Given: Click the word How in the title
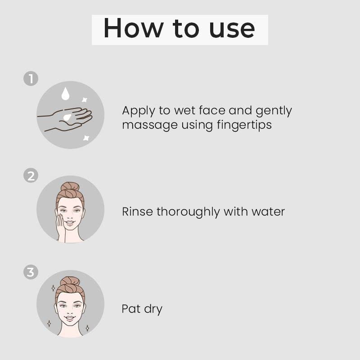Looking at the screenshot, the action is tap(133, 28).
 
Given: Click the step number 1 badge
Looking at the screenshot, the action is tap(31, 78).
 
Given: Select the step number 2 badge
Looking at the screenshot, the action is tap(31, 175).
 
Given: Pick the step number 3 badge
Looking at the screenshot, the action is tap(31, 272).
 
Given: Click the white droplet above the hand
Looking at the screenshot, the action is tap(65, 94).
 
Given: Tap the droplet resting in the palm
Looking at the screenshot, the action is tap(67, 117).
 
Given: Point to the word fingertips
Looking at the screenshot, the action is tap(244, 126).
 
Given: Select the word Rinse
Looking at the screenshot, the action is tap(137, 211).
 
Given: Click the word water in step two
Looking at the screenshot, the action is tap(268, 212).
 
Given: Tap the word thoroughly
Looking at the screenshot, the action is tap(188, 212).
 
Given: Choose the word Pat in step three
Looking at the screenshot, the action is tap(131, 309).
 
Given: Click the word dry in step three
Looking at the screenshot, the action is tap(153, 310).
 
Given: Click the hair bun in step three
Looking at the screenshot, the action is tap(70, 281).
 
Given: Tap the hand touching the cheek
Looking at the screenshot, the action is tap(61, 227).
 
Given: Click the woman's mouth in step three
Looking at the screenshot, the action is tap(70, 318).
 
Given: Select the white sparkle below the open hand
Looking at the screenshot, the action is tap(86, 138).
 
